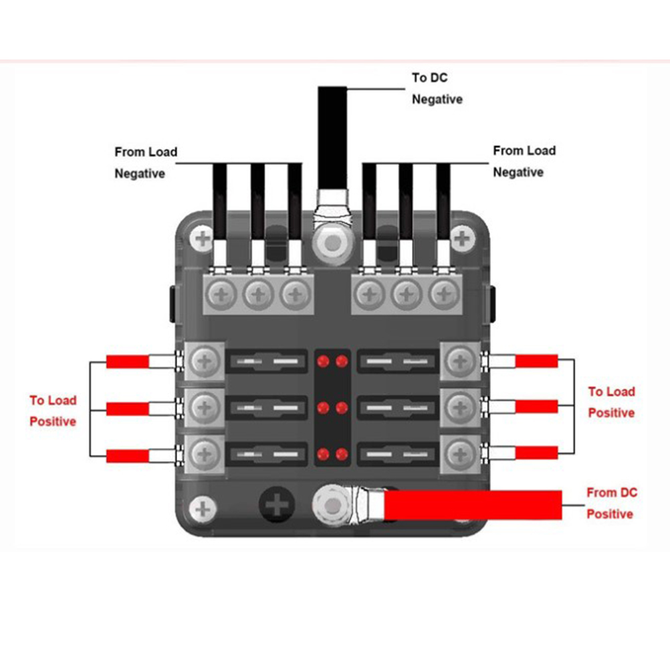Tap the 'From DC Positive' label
[611, 504]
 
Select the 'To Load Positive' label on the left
[53, 411]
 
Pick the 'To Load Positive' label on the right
[611, 402]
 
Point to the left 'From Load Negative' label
[146, 162]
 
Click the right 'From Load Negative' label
[524, 161]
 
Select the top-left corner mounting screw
[201, 238]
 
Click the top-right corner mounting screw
[461, 238]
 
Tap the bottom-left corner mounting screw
[201, 509]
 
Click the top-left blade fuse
[267, 362]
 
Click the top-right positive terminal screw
[460, 361]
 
